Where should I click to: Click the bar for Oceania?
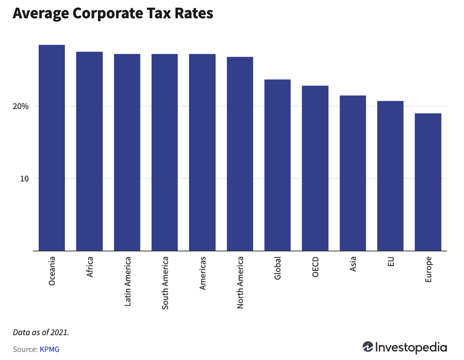(52, 148)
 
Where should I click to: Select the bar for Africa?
(89, 151)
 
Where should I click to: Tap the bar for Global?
(277, 165)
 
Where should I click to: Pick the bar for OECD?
(315, 168)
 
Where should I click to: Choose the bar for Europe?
(428, 182)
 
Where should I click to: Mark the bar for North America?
(240, 154)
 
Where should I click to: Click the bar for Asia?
(353, 173)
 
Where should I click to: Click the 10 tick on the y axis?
(24, 179)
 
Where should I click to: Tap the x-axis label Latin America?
(127, 282)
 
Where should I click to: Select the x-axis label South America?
(165, 283)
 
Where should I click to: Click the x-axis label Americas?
(203, 273)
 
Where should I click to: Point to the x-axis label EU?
(390, 262)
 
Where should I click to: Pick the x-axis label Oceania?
(52, 271)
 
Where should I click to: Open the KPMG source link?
(49, 349)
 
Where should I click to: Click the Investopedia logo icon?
(368, 347)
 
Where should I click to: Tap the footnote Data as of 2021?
(41, 332)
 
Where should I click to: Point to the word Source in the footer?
(25, 349)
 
